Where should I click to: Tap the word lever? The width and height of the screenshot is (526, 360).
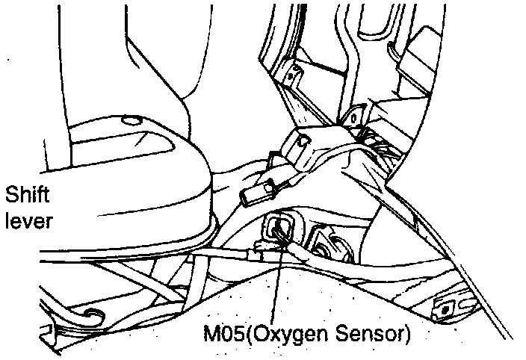(x=28, y=220)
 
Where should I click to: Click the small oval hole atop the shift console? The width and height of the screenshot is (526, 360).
(x=130, y=120)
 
